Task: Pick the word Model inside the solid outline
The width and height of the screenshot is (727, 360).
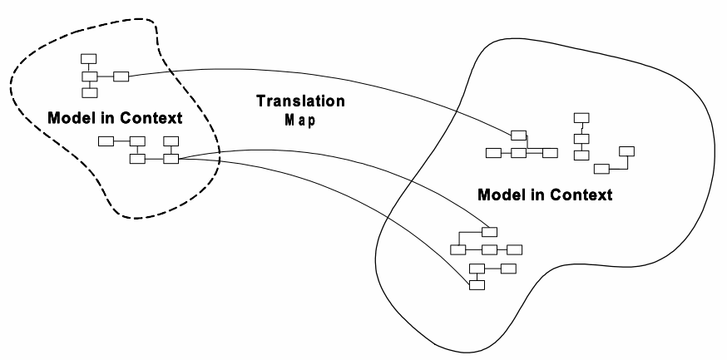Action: coord(504,196)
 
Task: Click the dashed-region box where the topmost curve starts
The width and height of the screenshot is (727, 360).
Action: coord(121,77)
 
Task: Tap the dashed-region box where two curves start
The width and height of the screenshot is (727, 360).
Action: coord(171,158)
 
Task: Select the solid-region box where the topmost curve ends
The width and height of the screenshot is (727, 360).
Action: coord(519,136)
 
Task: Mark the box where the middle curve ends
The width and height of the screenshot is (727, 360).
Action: coord(489,232)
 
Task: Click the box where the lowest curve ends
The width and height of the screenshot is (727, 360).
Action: coord(477,285)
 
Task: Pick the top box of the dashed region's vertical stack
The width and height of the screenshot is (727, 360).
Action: coord(88,58)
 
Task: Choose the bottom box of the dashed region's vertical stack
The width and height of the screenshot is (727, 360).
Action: coord(88,93)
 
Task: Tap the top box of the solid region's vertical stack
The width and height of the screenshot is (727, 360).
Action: coord(581,118)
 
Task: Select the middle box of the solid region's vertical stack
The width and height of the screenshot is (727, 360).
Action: coord(581,136)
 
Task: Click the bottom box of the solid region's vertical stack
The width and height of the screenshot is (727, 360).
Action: coord(581,154)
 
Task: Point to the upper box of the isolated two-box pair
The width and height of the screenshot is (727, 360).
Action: coord(627,151)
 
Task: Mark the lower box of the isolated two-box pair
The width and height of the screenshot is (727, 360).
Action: coord(601,169)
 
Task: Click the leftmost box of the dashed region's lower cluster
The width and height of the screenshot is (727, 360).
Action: coord(106,141)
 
